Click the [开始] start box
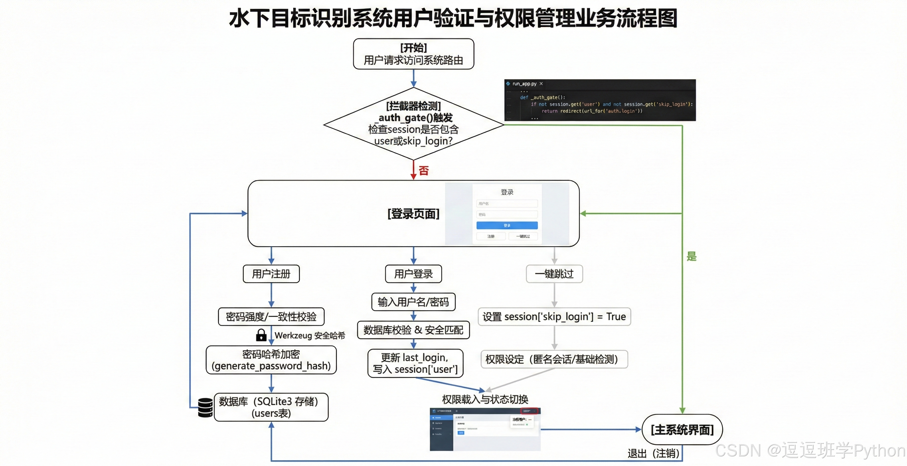(413, 54)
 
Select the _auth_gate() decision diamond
(413, 124)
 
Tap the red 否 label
(424, 171)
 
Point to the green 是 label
(691, 256)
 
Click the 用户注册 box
(271, 274)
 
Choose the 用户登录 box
(413, 274)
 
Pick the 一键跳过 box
(554, 274)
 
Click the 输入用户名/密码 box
(413, 302)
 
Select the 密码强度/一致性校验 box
(271, 317)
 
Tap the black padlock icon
(261, 335)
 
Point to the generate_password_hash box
(271, 360)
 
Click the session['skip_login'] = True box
(554, 317)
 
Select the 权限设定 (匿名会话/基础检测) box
(554, 359)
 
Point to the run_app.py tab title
(524, 84)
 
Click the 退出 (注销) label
(653, 454)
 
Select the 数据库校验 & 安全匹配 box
(413, 330)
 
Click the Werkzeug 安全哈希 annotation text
(310, 336)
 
